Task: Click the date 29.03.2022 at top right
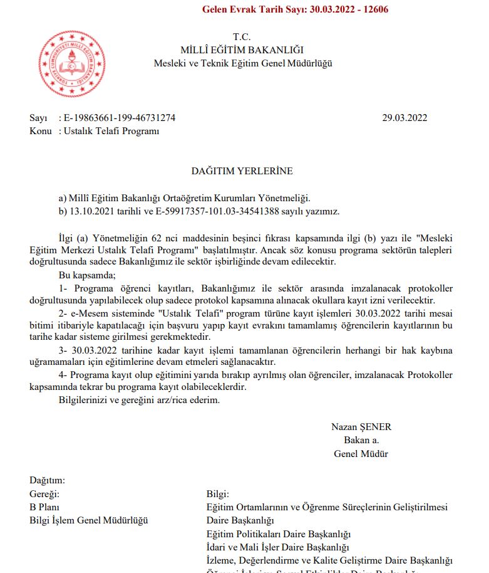point(404,118)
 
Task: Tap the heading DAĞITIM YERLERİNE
point(242,171)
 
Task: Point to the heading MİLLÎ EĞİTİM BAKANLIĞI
point(242,50)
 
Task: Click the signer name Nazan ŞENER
point(361,427)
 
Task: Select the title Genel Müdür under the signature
point(361,453)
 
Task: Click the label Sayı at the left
point(38,118)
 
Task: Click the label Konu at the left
point(40,131)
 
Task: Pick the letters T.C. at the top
point(242,36)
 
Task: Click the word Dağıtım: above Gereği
point(47,480)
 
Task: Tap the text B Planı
point(44,507)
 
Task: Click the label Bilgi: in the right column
point(218,493)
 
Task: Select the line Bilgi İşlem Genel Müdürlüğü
point(89,520)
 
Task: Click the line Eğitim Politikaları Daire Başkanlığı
point(278,534)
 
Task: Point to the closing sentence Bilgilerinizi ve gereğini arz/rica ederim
point(139,399)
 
